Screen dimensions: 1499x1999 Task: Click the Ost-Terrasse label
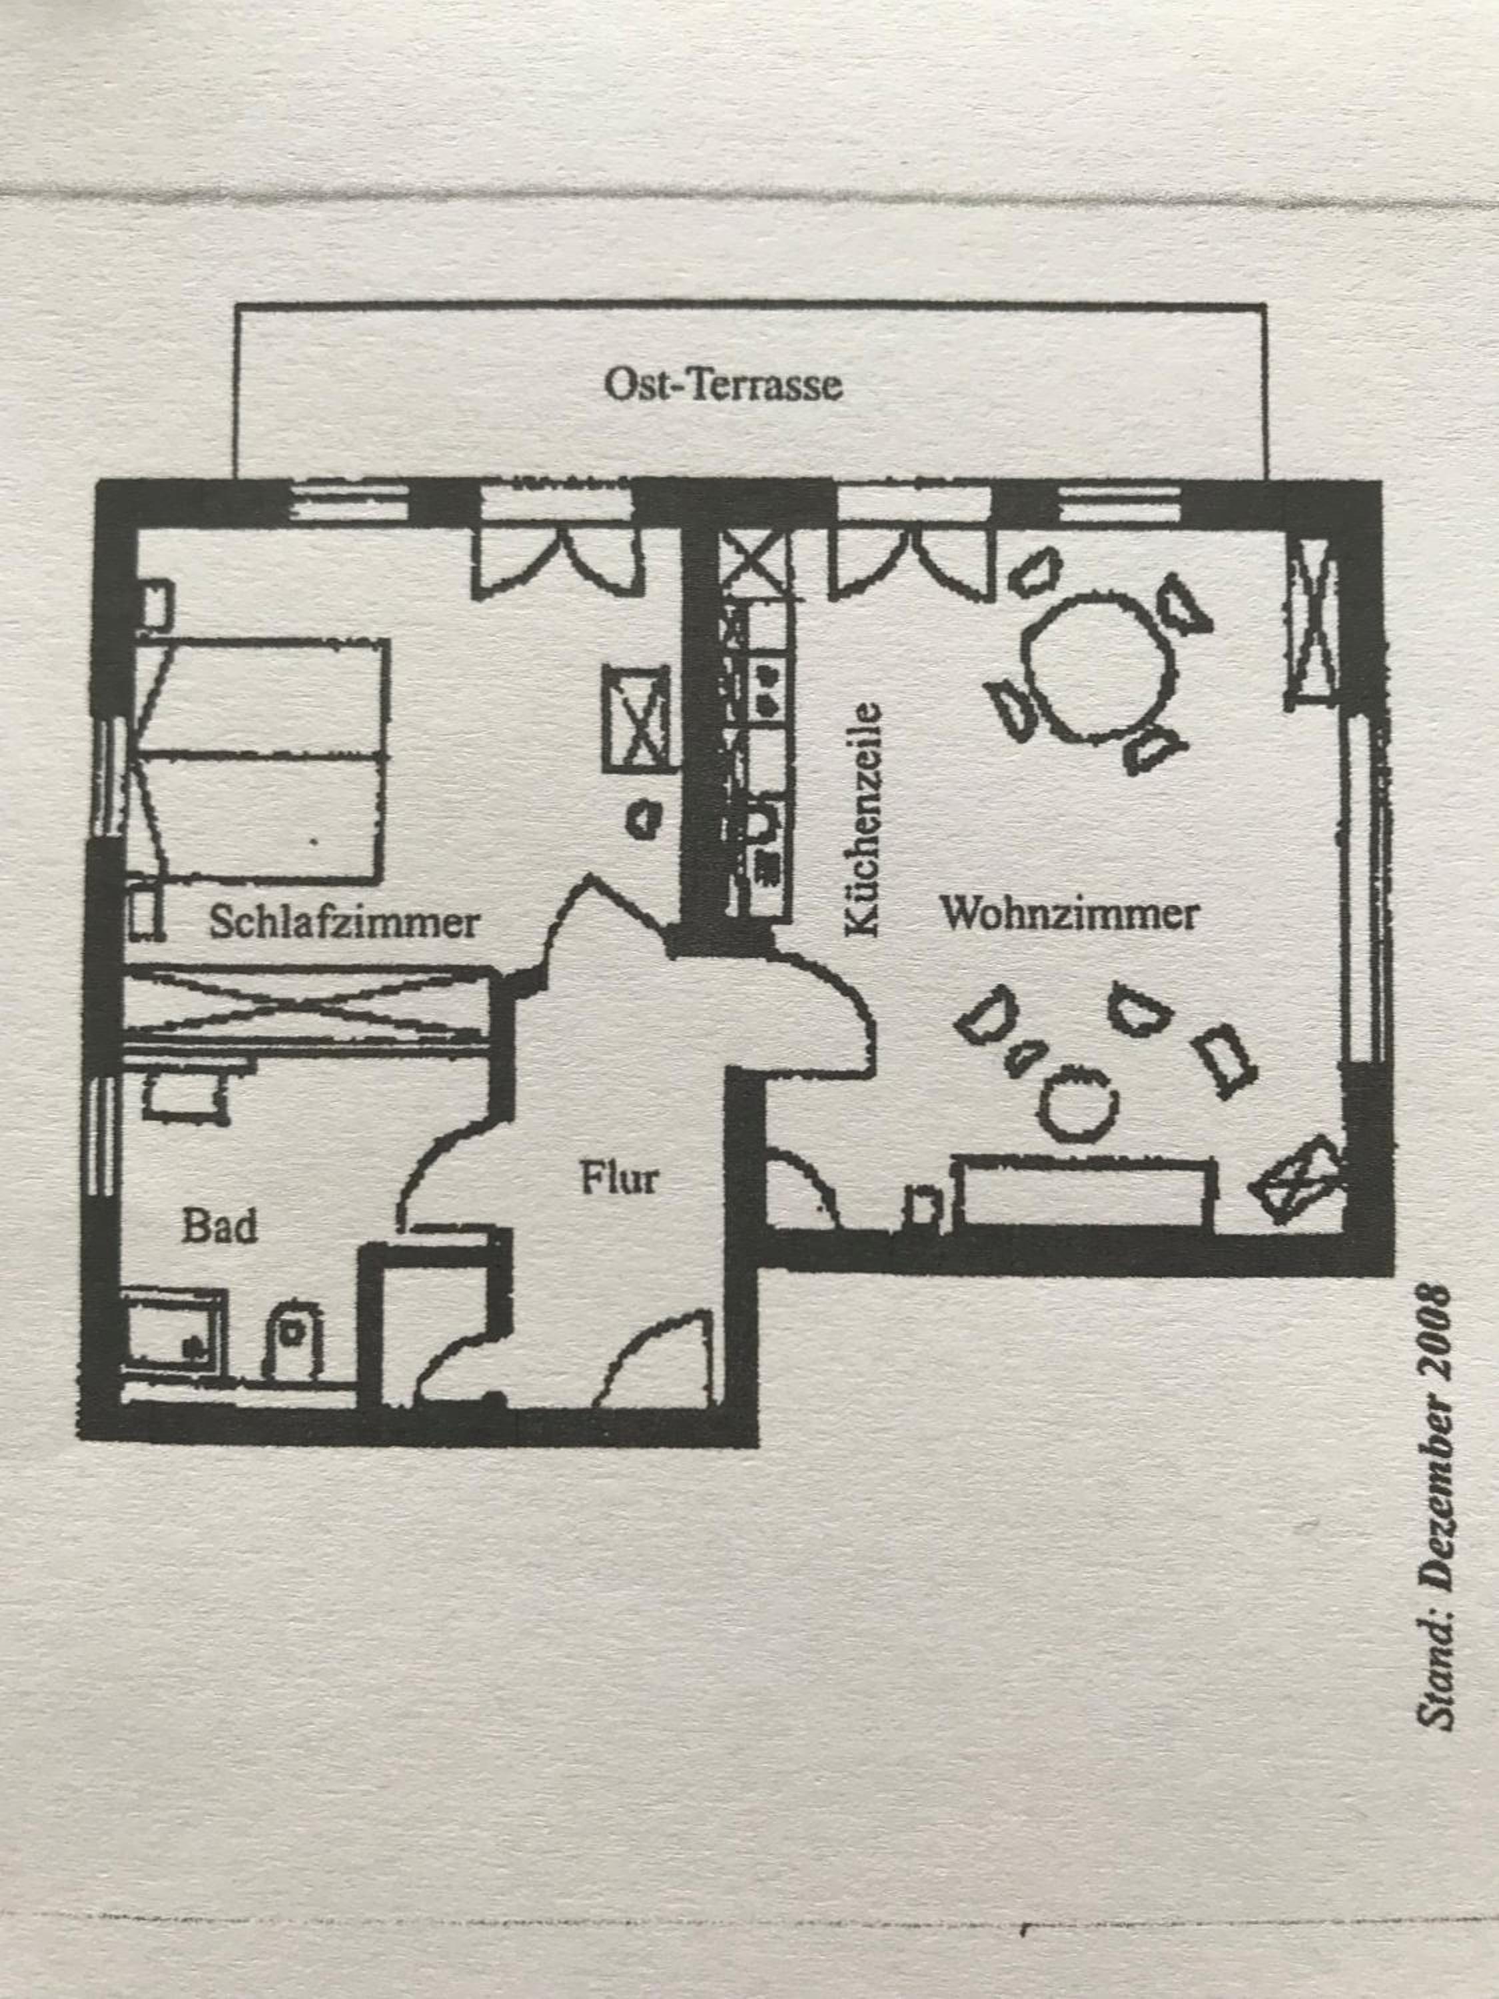point(723,385)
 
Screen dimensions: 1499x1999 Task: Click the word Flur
point(619,1179)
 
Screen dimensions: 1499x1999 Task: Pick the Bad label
point(220,1225)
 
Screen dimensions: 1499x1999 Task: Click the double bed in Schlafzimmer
point(262,759)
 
